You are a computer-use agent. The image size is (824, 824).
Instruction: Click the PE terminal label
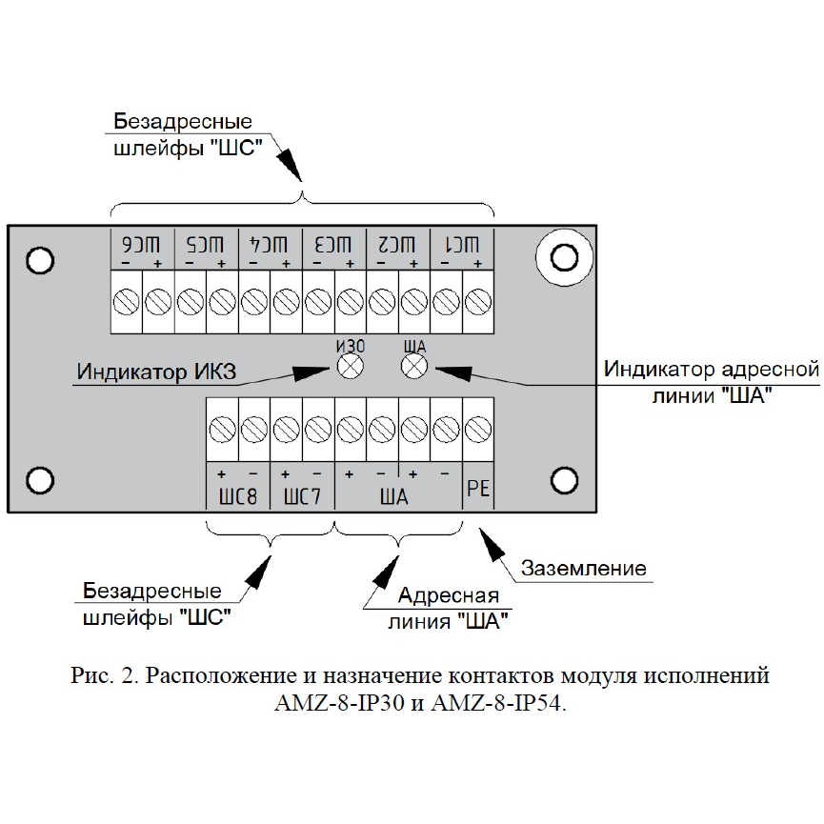click(x=478, y=489)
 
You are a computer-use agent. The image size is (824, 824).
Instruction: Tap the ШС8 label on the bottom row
click(x=238, y=496)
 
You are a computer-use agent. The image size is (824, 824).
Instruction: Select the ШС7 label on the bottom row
click(x=302, y=496)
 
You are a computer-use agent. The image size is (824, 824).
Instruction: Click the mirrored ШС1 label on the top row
click(x=462, y=245)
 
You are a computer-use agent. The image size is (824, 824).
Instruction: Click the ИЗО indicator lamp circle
click(x=350, y=366)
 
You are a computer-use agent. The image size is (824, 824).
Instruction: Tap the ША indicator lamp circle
click(x=414, y=366)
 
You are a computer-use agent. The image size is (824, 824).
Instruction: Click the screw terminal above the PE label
click(x=478, y=430)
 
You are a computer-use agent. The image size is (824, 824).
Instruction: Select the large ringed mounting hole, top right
click(x=564, y=257)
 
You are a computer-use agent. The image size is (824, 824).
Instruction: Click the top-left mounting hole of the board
click(x=40, y=261)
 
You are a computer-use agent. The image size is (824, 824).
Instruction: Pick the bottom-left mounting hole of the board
click(x=40, y=480)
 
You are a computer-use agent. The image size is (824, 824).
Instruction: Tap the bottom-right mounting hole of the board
click(x=564, y=480)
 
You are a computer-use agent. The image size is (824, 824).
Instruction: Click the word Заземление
click(x=584, y=568)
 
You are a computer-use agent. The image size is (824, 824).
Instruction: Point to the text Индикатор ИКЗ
click(x=156, y=372)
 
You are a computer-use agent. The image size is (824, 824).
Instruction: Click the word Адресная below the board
click(x=449, y=595)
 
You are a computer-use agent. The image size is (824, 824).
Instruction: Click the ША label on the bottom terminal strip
click(x=394, y=496)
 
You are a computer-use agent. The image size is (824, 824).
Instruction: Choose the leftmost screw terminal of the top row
click(x=126, y=302)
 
